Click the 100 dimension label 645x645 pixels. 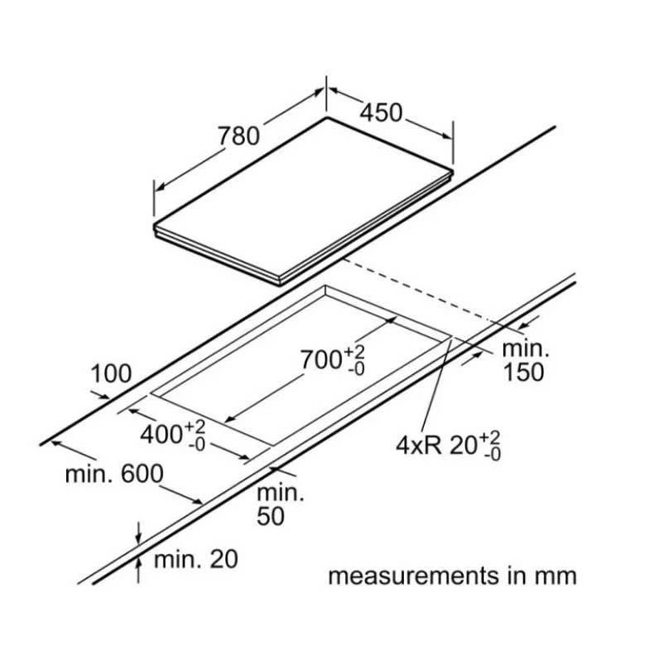coord(111,374)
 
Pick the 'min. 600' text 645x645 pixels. coord(114,473)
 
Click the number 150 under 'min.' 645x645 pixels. coord(521,372)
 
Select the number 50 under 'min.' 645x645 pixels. coord(270,516)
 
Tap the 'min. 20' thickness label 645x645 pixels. coord(196,558)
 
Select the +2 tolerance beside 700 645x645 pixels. coord(356,352)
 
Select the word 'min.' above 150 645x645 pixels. coord(524,349)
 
